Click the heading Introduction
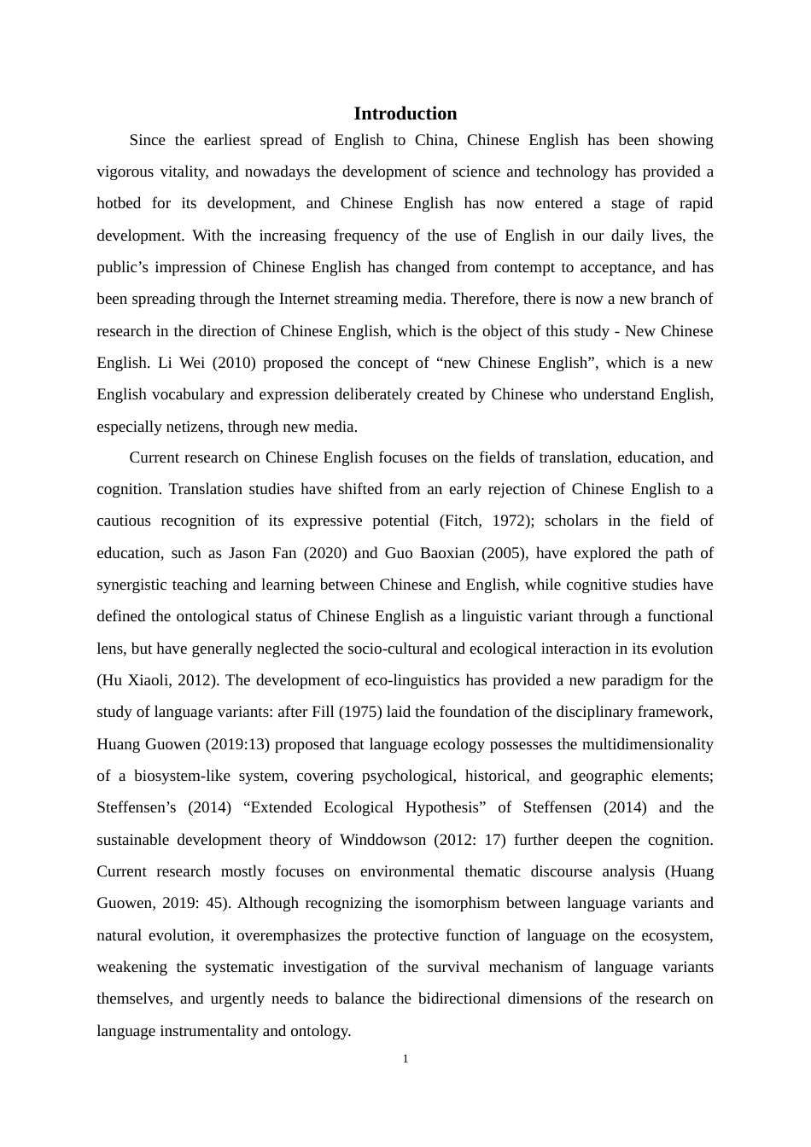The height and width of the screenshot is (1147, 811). (x=405, y=114)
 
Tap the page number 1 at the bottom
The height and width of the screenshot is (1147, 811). (x=405, y=1059)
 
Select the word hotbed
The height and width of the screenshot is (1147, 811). (x=119, y=203)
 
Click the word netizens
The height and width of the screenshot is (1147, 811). (x=191, y=427)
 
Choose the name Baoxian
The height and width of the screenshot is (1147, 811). (x=445, y=553)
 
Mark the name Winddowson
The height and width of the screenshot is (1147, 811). (x=382, y=840)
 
